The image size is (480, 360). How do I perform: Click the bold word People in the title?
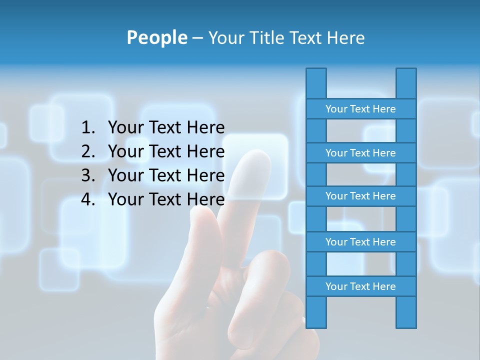[x=156, y=37]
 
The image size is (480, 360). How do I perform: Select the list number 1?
[x=88, y=128]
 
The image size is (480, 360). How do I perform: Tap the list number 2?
[x=88, y=151]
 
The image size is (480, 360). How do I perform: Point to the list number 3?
[x=88, y=175]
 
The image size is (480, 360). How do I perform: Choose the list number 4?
[x=88, y=199]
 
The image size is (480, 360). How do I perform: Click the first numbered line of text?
[x=166, y=128]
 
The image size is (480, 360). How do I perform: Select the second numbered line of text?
[x=166, y=151]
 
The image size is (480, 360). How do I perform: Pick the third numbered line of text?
[x=166, y=175]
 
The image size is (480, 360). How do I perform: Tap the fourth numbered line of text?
[x=166, y=199]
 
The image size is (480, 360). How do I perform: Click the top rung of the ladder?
[x=360, y=109]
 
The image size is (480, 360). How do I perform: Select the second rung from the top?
[x=360, y=153]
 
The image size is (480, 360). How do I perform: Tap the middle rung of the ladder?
[x=360, y=196]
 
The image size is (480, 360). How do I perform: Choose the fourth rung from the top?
[x=360, y=242]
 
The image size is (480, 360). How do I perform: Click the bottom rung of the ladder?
[x=360, y=286]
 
